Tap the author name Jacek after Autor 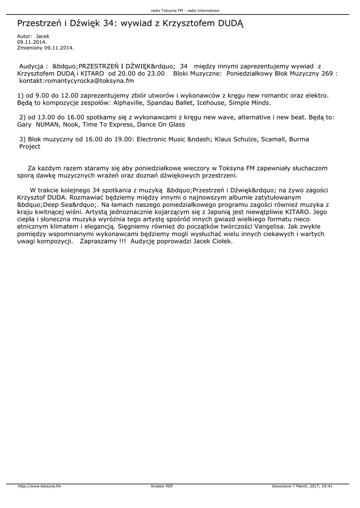[43, 36]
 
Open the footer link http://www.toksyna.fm [39, 486]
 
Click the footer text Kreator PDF [162, 486]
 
